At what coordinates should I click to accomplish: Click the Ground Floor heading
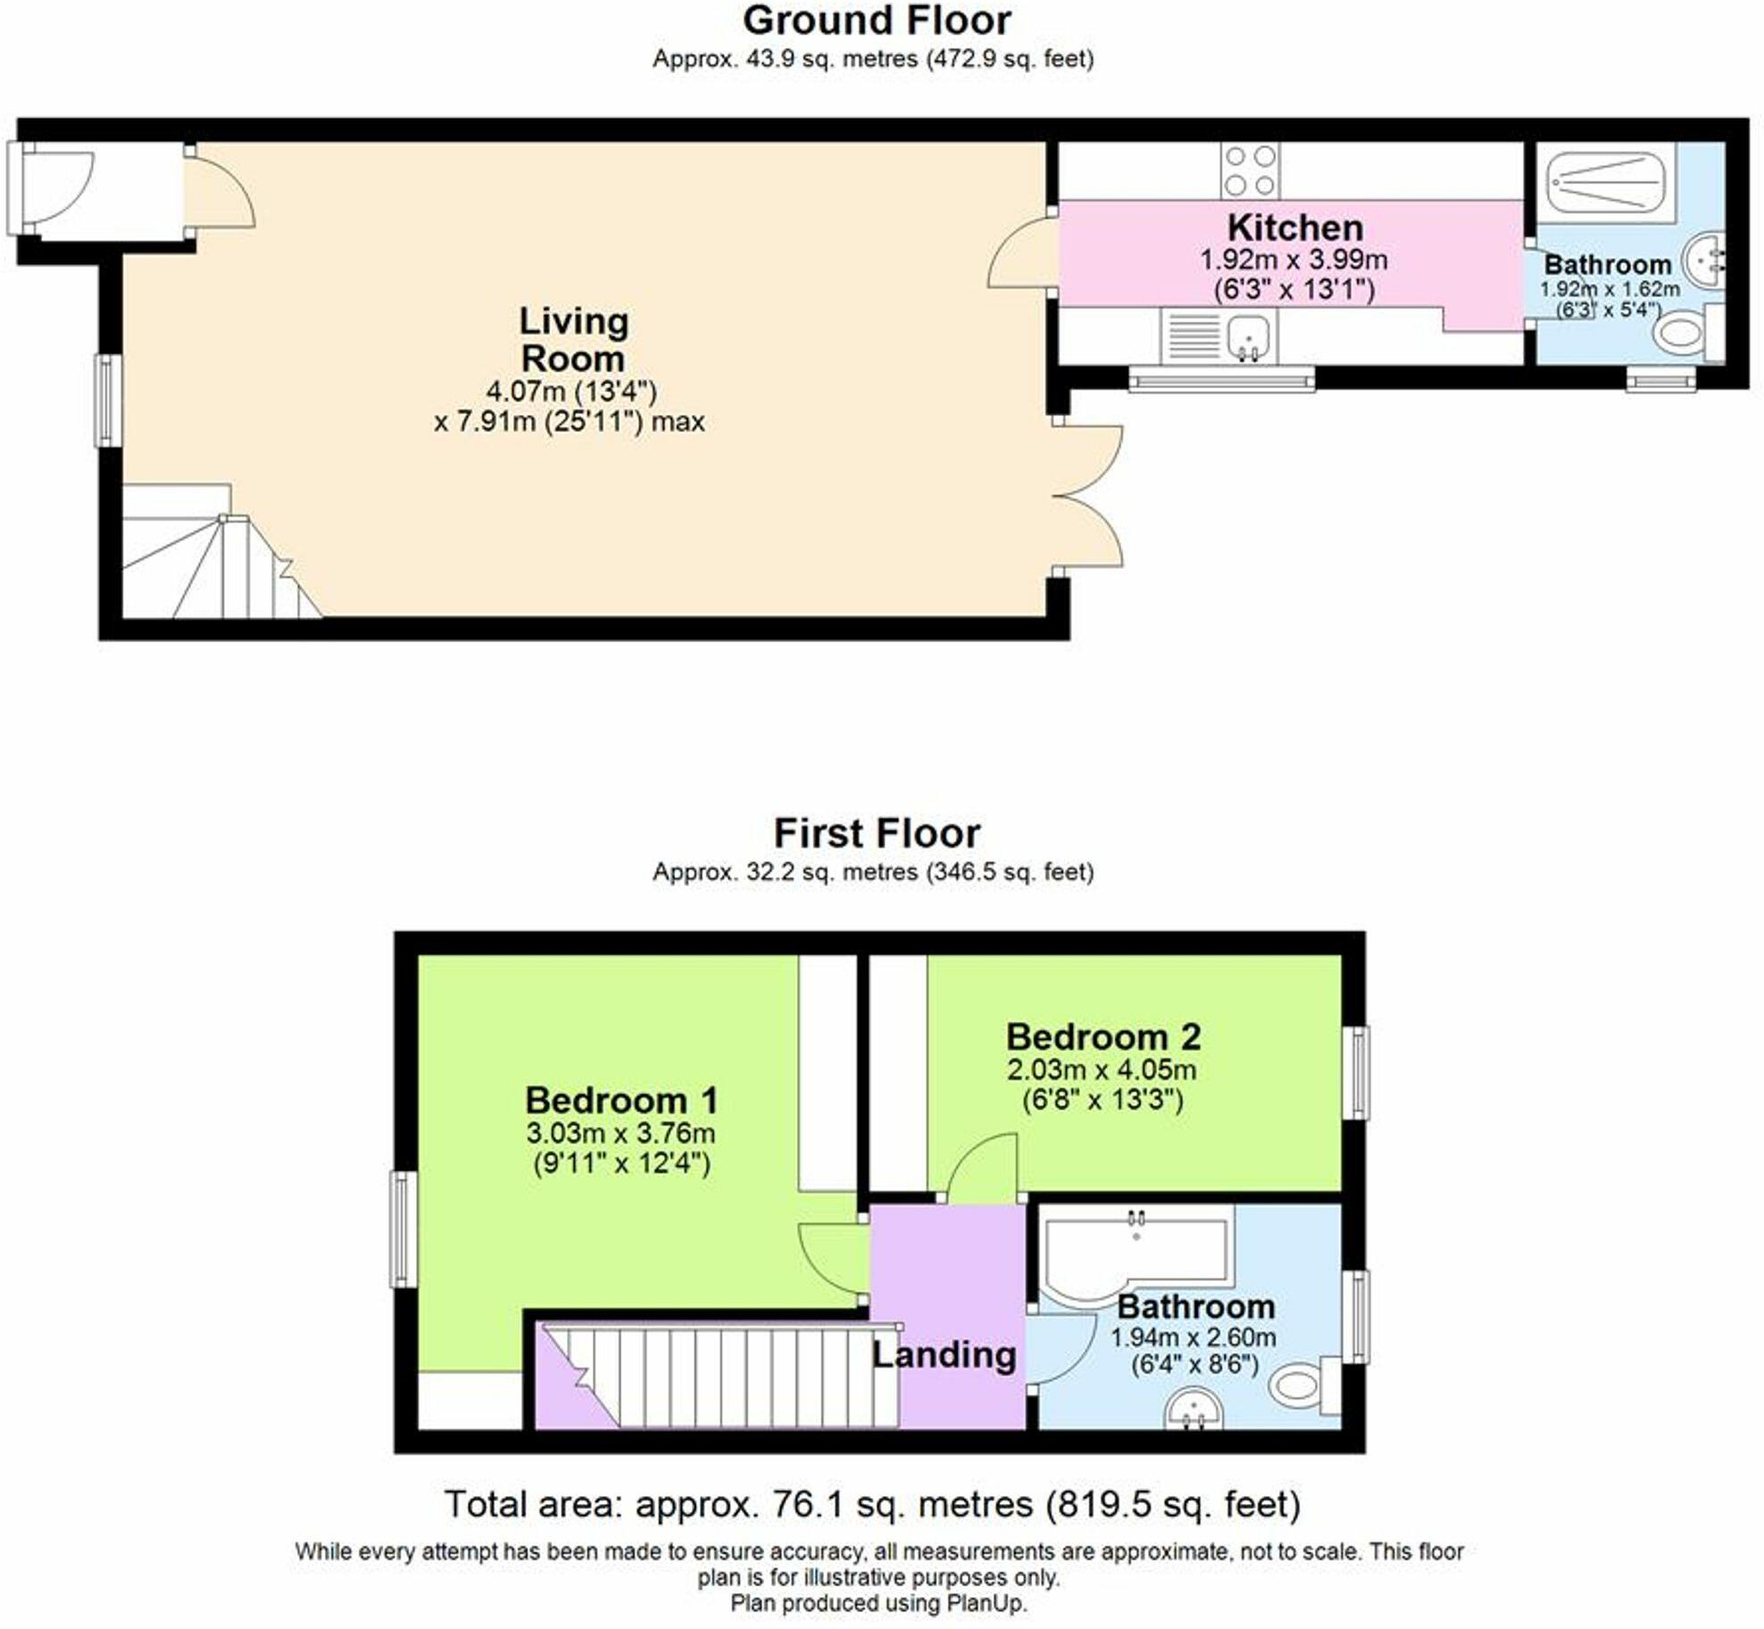click(x=877, y=21)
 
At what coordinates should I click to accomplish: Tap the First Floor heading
click(x=877, y=834)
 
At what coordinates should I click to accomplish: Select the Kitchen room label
click(x=1295, y=228)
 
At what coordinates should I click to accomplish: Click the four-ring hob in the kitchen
click(x=1250, y=170)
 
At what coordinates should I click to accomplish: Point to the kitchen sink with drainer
click(x=1219, y=336)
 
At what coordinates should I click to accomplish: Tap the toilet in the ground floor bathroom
click(x=1687, y=334)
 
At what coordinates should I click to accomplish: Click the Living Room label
click(x=574, y=340)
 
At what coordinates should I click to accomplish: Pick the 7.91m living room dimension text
click(x=570, y=421)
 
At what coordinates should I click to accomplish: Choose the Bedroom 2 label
click(x=1103, y=1037)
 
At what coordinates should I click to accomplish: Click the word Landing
click(x=944, y=1355)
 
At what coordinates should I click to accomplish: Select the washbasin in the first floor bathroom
click(x=1194, y=1408)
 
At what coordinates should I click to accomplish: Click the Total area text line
click(x=872, y=1504)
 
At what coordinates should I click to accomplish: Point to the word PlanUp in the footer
click(x=989, y=1603)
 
